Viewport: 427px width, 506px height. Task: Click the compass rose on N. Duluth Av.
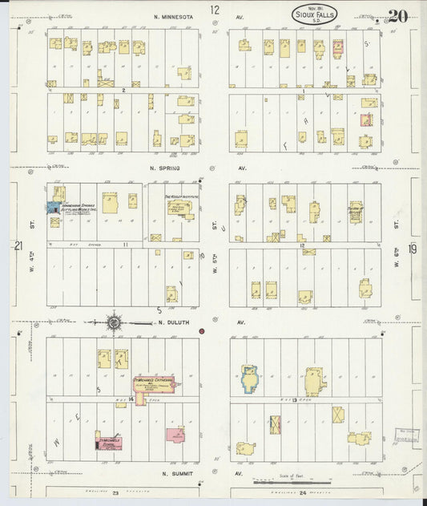(x=115, y=322)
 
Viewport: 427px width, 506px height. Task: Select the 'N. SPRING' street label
(x=163, y=169)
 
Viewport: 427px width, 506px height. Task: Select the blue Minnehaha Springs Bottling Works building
(x=53, y=207)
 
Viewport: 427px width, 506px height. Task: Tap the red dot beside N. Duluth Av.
(x=202, y=330)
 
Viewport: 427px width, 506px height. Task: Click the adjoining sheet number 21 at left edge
(x=17, y=247)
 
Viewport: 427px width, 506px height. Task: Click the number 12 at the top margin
(x=214, y=10)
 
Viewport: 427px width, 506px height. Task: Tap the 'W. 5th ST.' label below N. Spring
(x=215, y=263)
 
